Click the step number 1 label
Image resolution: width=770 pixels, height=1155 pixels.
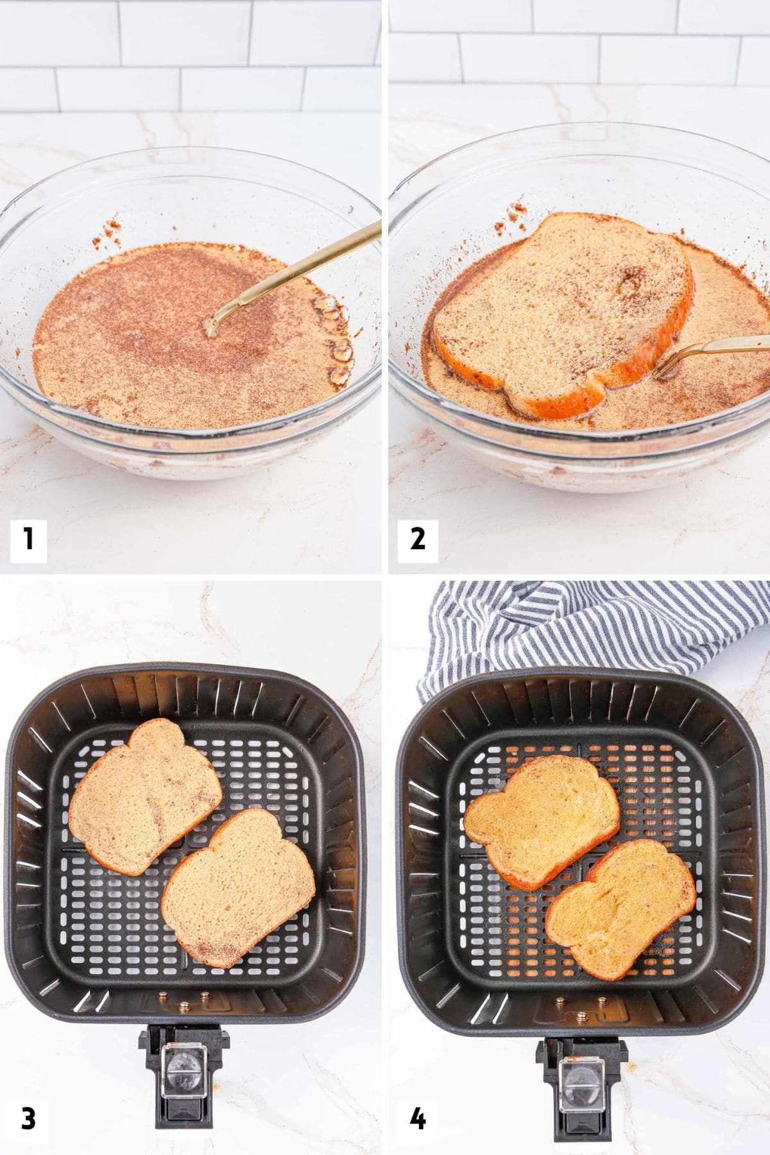click(28, 538)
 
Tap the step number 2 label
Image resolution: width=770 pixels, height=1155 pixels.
click(417, 538)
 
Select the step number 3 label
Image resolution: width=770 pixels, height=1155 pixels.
click(28, 1119)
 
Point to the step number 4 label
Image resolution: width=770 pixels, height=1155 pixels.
click(417, 1119)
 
